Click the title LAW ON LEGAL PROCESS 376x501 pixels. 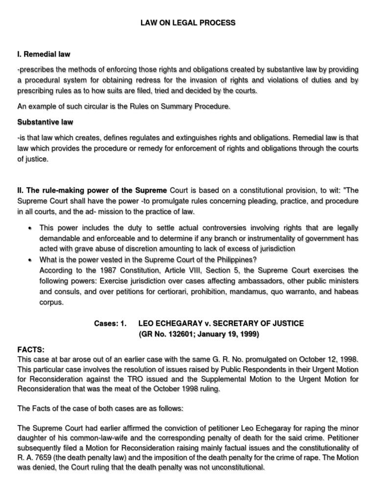click(188, 23)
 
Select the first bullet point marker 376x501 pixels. click(30, 228)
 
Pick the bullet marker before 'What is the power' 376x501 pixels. click(30, 259)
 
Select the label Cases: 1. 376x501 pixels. click(110, 323)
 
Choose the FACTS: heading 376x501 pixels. click(31, 350)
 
